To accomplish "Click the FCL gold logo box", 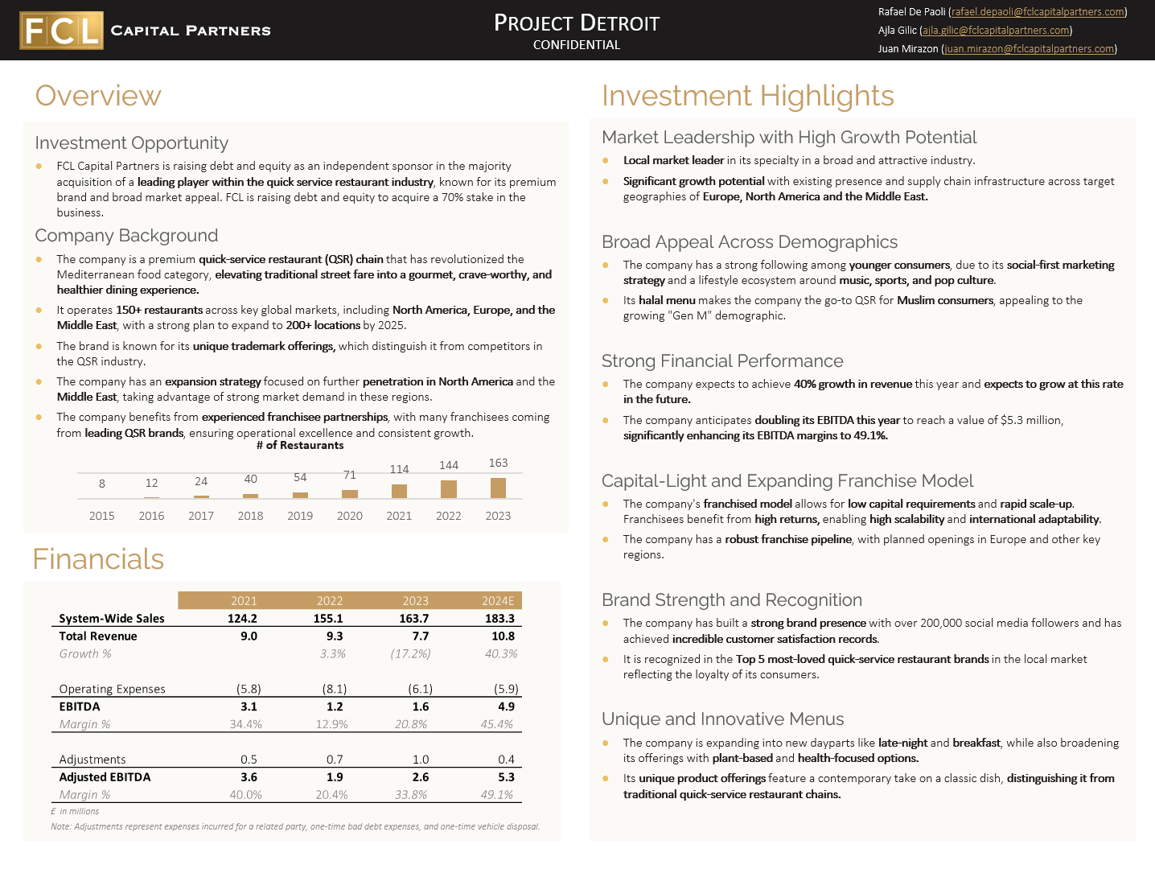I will point(62,31).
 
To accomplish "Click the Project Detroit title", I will point(577,23).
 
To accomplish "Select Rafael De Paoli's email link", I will point(1038,12).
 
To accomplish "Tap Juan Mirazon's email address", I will point(1029,49).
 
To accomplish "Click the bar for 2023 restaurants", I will point(498,488).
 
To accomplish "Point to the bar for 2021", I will point(399,491).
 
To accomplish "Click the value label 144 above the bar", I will point(449,465).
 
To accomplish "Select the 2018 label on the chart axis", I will point(250,516).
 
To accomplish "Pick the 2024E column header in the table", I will point(497,601).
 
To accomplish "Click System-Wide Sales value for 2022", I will point(328,619).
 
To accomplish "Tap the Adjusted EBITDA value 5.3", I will point(503,777).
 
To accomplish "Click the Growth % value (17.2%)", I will point(410,653).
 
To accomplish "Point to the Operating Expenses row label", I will point(112,689).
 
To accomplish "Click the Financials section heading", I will point(98,559).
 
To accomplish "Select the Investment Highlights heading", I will point(747,96).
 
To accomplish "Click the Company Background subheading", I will point(126,236).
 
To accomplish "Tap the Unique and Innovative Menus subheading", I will point(722,719).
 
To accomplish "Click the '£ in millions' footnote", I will point(75,811).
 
